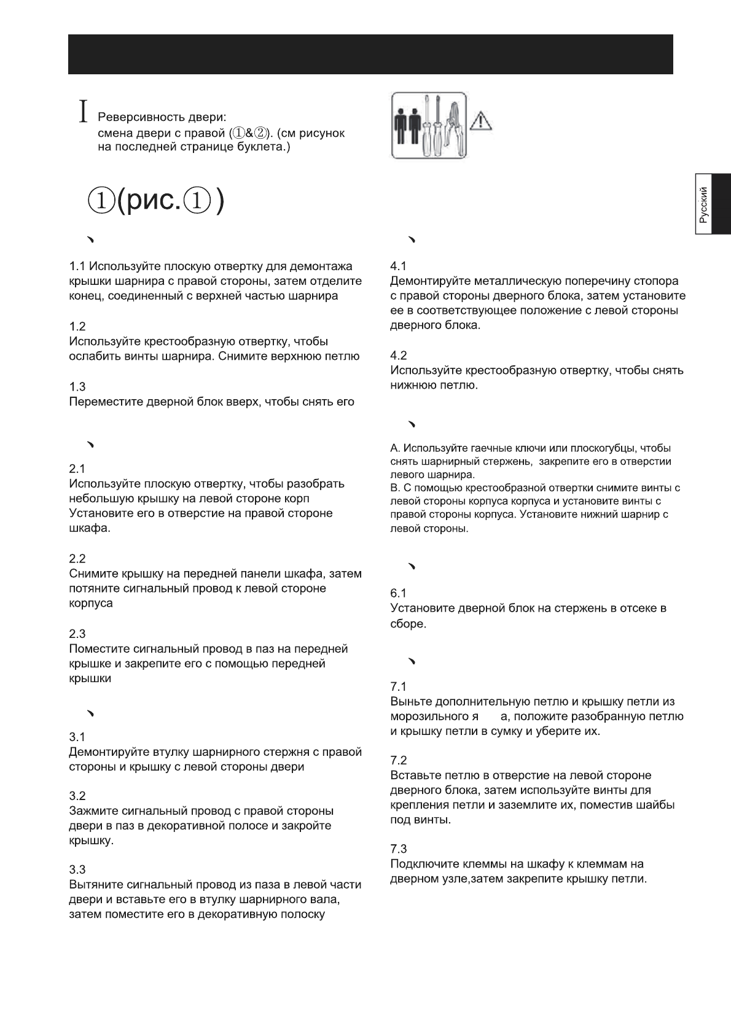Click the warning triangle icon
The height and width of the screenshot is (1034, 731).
click(x=479, y=121)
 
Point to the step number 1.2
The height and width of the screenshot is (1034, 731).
click(x=77, y=326)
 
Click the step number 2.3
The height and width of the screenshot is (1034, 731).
click(x=77, y=634)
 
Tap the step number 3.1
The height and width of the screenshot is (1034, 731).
click(x=77, y=737)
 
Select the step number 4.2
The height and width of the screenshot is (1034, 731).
click(x=399, y=356)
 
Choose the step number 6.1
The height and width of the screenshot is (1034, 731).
click(x=399, y=593)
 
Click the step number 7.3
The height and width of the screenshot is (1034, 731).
click(x=399, y=849)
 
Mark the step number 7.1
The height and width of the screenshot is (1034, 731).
click(x=399, y=686)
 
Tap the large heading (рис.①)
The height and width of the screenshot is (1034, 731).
click(x=156, y=201)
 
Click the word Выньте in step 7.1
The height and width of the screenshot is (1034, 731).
click(x=411, y=702)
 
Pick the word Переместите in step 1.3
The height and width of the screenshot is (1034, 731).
click(x=106, y=402)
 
